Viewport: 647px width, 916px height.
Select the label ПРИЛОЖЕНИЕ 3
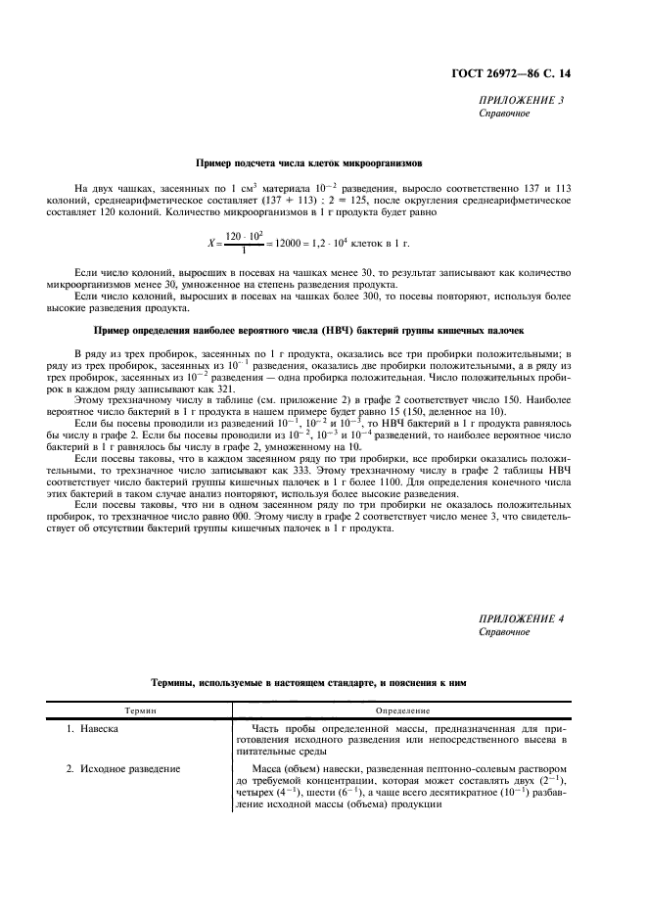(521, 101)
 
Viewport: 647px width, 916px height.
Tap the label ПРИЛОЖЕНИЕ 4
(521, 618)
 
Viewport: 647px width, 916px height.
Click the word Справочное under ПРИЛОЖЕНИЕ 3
(504, 114)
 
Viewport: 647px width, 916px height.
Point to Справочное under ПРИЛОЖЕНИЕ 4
(504, 631)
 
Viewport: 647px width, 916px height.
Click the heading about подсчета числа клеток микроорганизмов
(308, 163)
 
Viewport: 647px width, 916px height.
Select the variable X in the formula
(210, 243)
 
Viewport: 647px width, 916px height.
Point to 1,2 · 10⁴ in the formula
(338, 243)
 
